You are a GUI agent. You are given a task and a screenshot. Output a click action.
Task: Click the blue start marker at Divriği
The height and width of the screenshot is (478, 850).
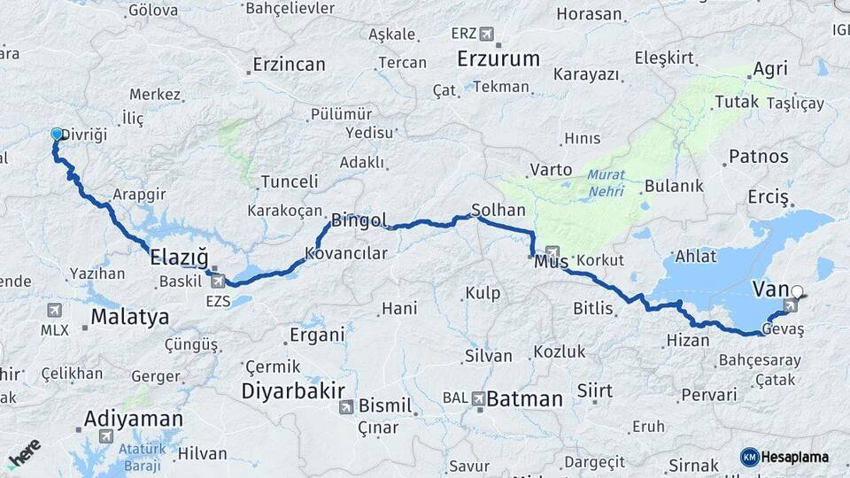pyautogui.click(x=57, y=135)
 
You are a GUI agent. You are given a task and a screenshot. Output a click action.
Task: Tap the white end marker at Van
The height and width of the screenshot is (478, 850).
pyautogui.click(x=797, y=290)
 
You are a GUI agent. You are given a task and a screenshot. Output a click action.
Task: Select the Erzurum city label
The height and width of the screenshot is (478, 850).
pyautogui.click(x=498, y=59)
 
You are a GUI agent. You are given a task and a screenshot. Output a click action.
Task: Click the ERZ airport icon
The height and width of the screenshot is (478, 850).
pyautogui.click(x=486, y=34)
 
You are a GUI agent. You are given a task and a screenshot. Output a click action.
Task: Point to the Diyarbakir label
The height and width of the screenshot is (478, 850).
pyautogui.click(x=289, y=390)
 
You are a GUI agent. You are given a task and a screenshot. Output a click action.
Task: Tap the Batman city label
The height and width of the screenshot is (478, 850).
pyautogui.click(x=524, y=399)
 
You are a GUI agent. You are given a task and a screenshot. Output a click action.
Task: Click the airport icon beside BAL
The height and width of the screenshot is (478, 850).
pyautogui.click(x=479, y=399)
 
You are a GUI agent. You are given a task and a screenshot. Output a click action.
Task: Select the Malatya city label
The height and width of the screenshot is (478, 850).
pyautogui.click(x=129, y=317)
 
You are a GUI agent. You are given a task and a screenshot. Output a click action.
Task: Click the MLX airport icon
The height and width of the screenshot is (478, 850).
pyautogui.click(x=55, y=311)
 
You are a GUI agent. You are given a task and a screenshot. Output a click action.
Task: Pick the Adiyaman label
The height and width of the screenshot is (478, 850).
pyautogui.click(x=133, y=419)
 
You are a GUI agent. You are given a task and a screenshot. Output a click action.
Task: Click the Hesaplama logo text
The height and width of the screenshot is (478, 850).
pyautogui.click(x=794, y=457)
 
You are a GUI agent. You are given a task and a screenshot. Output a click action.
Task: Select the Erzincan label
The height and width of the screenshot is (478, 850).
pyautogui.click(x=289, y=65)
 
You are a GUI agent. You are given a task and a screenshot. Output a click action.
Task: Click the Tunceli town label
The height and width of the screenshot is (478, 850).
pyautogui.click(x=289, y=181)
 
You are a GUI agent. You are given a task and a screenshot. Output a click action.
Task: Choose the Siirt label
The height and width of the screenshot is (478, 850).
pyautogui.click(x=594, y=390)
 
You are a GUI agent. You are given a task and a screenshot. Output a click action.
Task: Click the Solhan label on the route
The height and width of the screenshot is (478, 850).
pyautogui.click(x=498, y=210)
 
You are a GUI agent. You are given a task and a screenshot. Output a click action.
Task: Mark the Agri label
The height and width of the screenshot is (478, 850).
pyautogui.click(x=769, y=69)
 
